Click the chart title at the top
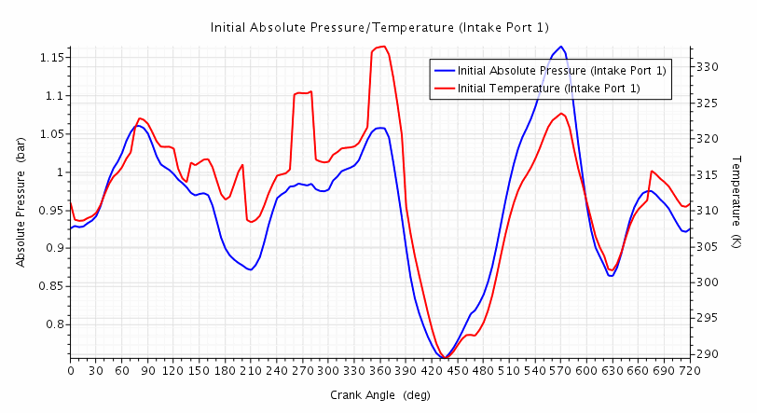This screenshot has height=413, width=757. coord(379,28)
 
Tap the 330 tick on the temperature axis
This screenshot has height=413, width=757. coord(705,67)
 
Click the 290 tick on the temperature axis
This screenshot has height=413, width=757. coord(705,354)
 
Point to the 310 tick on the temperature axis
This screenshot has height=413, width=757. coord(705,211)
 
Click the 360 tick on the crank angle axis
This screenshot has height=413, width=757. coord(379,370)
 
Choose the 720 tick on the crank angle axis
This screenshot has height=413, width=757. coord(688,370)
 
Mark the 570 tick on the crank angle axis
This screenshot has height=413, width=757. coord(559,370)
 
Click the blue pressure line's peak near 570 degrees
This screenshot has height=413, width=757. coord(560,47)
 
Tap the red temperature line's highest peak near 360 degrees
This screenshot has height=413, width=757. coord(382,47)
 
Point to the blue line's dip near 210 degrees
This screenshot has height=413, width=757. coord(250,269)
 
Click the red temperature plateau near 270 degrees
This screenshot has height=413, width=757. coord(302,93)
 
